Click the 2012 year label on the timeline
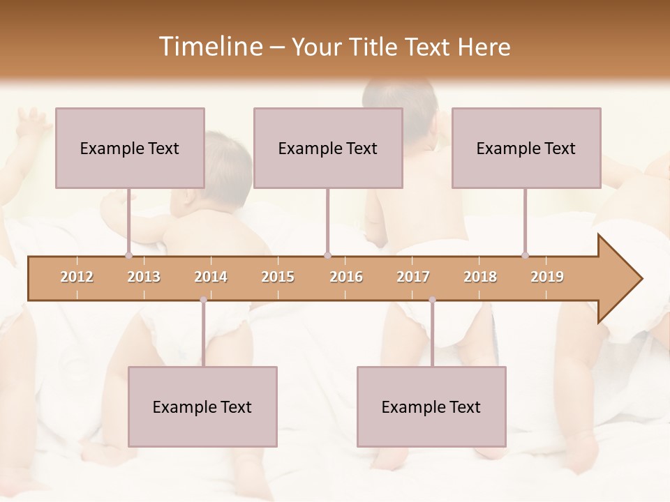click(77, 277)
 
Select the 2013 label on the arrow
click(144, 277)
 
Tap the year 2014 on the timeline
click(211, 277)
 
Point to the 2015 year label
click(278, 277)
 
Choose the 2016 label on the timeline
click(346, 277)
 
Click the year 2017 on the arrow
click(413, 277)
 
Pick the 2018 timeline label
click(480, 277)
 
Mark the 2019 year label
click(547, 277)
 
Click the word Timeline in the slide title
click(209, 47)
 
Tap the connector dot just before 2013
click(128, 255)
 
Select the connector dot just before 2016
click(327, 255)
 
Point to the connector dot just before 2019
click(525, 255)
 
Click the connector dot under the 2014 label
click(203, 300)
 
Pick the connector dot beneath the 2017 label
click(432, 300)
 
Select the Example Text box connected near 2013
click(130, 148)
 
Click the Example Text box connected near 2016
click(328, 148)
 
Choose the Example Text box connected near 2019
click(526, 148)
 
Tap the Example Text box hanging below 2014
click(202, 406)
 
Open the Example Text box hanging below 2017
click(431, 406)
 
